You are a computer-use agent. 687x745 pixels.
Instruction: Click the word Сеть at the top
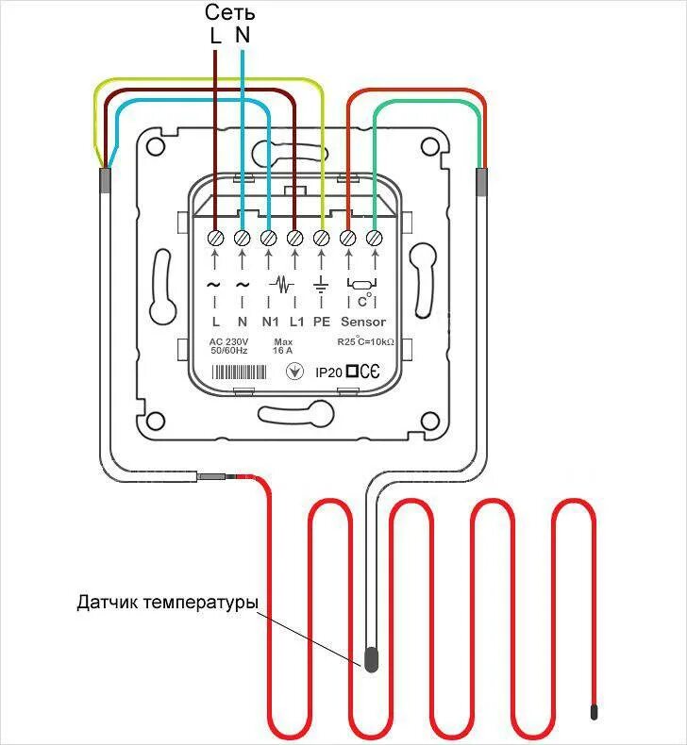(x=230, y=13)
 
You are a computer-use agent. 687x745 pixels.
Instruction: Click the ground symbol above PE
(x=321, y=284)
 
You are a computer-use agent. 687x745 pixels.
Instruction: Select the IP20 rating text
(x=328, y=372)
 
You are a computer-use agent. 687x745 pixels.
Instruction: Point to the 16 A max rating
(x=283, y=350)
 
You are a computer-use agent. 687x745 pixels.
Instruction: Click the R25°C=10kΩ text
(x=365, y=341)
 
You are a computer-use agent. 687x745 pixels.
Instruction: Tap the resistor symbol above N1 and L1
(x=281, y=283)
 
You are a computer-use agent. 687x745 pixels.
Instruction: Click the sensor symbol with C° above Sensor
(x=361, y=289)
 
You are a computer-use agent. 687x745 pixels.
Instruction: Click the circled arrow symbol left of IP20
(x=294, y=372)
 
